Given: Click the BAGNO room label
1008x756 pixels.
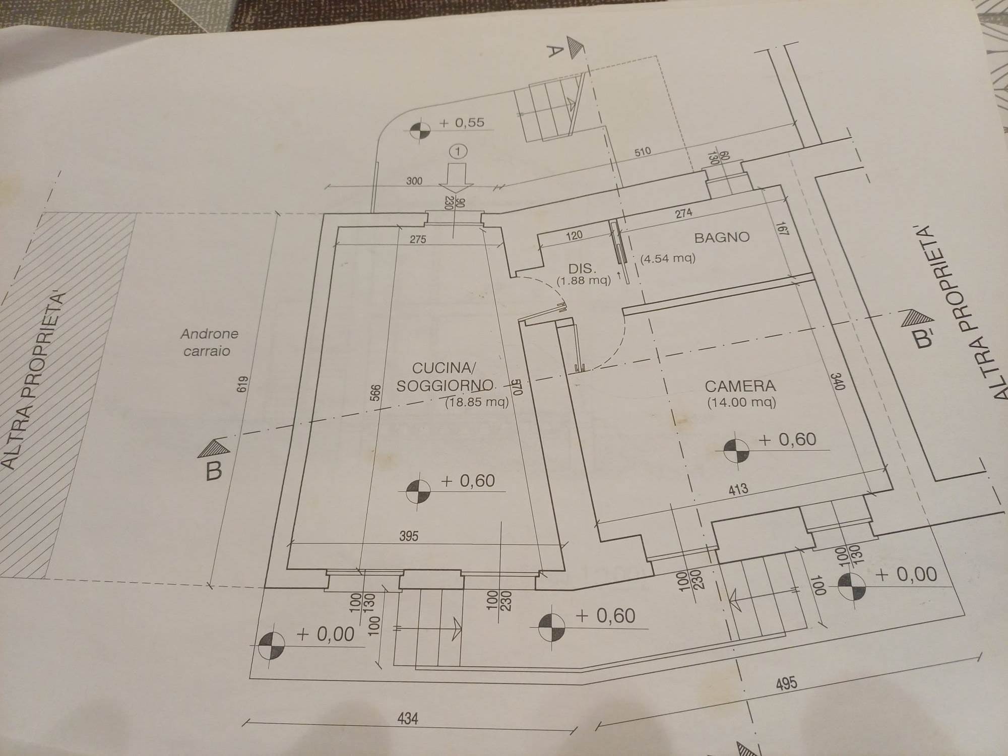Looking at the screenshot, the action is [x=722, y=237].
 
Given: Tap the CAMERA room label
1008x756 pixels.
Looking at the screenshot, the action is [x=740, y=387].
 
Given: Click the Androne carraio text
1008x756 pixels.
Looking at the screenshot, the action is [x=209, y=342].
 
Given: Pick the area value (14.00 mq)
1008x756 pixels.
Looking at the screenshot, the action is [x=741, y=403].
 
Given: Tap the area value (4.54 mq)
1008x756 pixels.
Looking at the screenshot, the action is [x=668, y=259].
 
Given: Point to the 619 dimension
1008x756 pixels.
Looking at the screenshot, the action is [x=245, y=386].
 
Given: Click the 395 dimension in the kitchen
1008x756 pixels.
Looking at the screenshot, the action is [x=409, y=536].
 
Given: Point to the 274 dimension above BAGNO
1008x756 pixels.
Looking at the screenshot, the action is [x=683, y=213].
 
